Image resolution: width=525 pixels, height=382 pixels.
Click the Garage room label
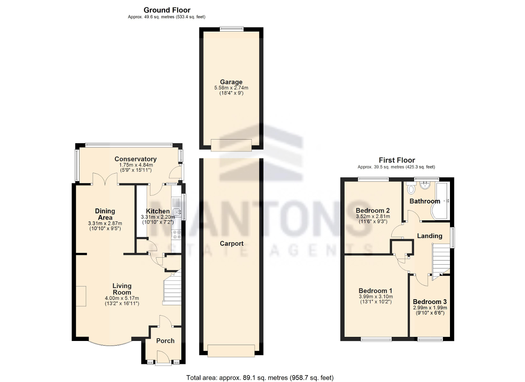point(231,82)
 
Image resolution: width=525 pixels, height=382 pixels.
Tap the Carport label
point(231,243)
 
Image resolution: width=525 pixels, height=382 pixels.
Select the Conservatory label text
point(135,159)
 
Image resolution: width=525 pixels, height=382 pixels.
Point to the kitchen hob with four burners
point(177,234)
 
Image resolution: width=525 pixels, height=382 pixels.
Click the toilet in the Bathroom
point(411,190)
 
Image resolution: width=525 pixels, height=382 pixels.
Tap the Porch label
point(165,341)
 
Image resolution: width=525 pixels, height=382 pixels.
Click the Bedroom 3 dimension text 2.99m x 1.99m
point(430,307)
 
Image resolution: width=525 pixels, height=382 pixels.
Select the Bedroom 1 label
point(376,289)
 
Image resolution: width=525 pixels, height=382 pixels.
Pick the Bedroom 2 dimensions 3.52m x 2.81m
point(373,217)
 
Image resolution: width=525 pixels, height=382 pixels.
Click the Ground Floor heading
point(167,10)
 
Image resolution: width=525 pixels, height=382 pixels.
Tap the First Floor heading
point(397,160)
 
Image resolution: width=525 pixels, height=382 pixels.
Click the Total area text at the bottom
point(260,377)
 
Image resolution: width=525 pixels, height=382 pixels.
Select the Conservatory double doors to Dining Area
point(105,180)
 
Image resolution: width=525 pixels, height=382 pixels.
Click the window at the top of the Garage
point(231,28)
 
